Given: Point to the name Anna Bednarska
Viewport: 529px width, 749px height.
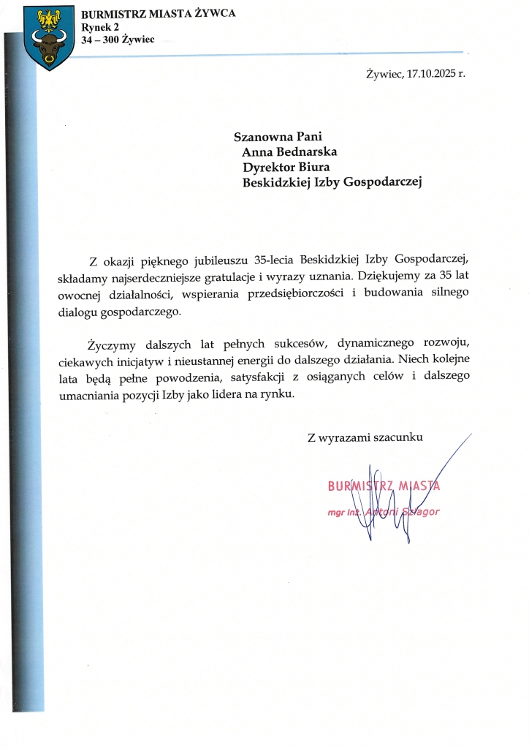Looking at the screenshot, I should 289,152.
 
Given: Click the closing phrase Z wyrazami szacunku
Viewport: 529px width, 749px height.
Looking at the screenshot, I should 365,437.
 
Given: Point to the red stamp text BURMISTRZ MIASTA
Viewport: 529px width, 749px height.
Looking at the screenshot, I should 384,486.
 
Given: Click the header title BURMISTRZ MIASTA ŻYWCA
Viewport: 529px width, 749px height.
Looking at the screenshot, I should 158,15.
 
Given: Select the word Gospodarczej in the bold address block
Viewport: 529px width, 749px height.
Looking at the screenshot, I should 382,183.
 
